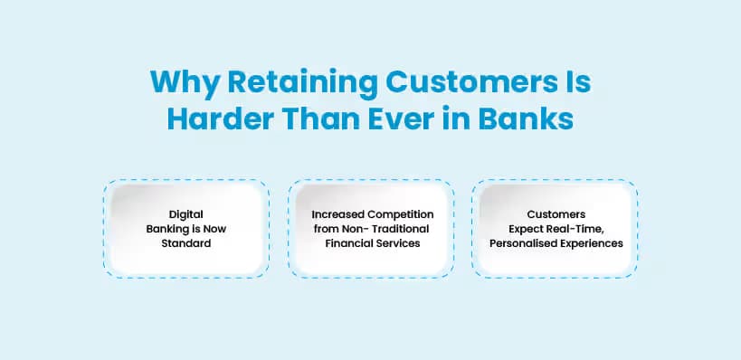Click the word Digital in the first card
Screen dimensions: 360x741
coord(185,214)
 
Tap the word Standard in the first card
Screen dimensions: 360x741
coord(185,243)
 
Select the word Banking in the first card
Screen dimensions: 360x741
coord(168,229)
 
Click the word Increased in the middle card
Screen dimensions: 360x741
coord(337,214)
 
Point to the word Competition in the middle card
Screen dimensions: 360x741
coord(401,214)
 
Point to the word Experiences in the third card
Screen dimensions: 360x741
coord(592,243)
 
